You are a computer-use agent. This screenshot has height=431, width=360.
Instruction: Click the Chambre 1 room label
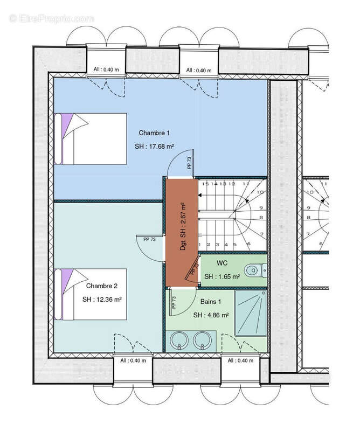click(154, 133)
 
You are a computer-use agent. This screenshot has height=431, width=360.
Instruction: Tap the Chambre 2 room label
click(102, 286)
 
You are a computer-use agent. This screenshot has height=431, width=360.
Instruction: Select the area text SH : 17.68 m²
click(154, 147)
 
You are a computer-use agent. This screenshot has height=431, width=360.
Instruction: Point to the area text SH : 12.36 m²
click(102, 300)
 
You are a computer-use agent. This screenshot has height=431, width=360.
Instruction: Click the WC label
click(222, 263)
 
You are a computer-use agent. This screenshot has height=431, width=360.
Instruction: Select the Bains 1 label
click(211, 302)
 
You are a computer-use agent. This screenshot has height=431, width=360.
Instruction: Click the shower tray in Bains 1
click(251, 313)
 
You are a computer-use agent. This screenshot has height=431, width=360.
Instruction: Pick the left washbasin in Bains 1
click(179, 340)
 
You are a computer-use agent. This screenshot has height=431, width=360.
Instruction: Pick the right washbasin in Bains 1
click(202, 340)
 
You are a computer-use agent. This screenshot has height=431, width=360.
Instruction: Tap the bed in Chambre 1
click(91, 139)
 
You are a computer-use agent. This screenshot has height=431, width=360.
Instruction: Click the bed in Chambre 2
click(91, 294)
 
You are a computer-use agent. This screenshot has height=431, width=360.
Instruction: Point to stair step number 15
click(205, 184)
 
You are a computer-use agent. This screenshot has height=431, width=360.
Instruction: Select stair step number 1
click(199, 245)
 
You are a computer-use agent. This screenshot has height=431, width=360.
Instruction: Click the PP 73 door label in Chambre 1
click(189, 163)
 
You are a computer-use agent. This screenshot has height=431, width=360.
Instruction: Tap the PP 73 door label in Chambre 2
click(150, 239)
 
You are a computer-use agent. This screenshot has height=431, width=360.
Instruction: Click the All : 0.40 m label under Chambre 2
click(133, 360)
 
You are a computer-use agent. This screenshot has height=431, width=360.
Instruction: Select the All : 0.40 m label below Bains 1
click(240, 360)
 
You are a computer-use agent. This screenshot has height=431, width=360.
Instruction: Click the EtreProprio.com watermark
click(51, 19)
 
